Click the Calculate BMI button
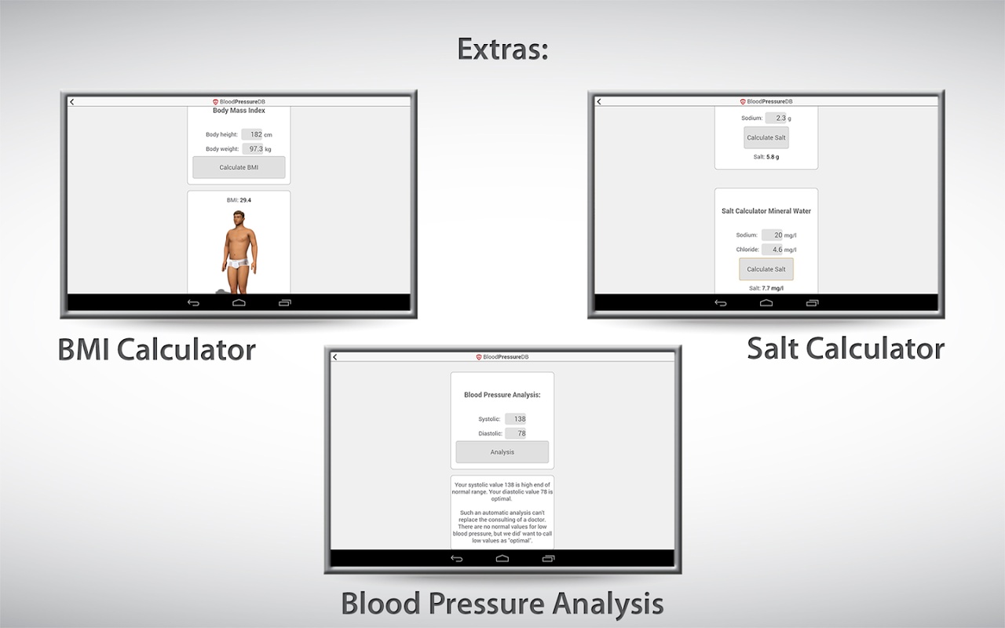pyautogui.click(x=239, y=167)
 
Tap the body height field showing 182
pyautogui.click(x=252, y=134)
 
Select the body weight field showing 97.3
pyautogui.click(x=253, y=148)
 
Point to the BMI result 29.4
pyautogui.click(x=246, y=200)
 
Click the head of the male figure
pyautogui.click(x=239, y=218)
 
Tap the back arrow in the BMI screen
pyautogui.click(x=71, y=102)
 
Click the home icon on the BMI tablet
pyautogui.click(x=239, y=303)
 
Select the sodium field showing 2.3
pyautogui.click(x=776, y=118)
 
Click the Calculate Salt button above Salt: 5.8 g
pyautogui.click(x=766, y=137)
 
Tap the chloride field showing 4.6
pyautogui.click(x=772, y=250)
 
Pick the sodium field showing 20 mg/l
pyautogui.click(x=772, y=235)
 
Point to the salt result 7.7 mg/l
pyautogui.click(x=773, y=288)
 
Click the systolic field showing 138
pyautogui.click(x=515, y=419)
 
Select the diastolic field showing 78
pyautogui.click(x=515, y=433)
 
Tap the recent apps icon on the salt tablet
pyautogui.click(x=812, y=303)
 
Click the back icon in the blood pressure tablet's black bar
pyautogui.click(x=456, y=558)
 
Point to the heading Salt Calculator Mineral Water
pyautogui.click(x=766, y=211)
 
